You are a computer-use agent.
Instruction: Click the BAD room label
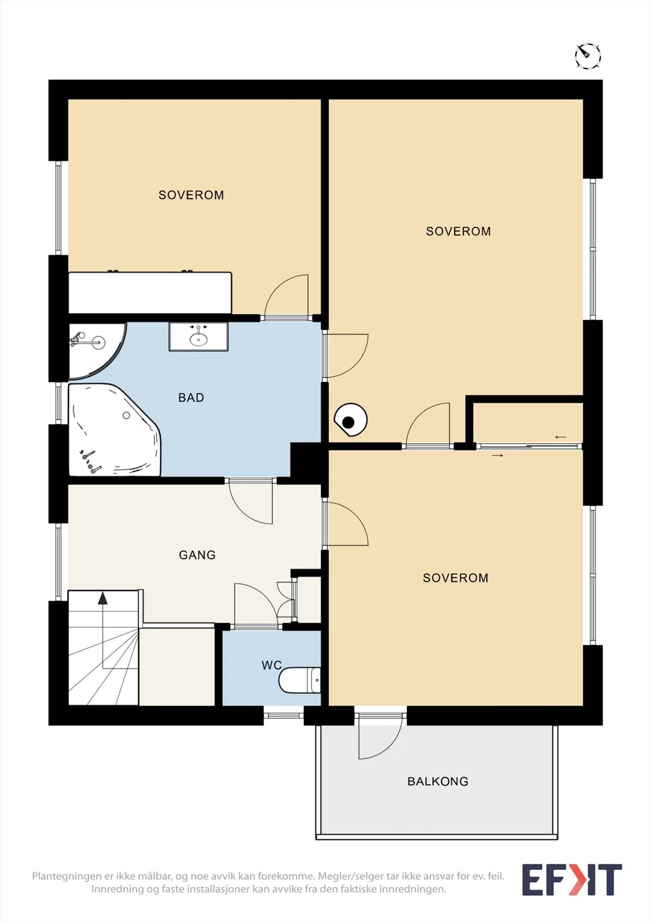click(191, 398)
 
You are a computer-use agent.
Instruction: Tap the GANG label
click(197, 555)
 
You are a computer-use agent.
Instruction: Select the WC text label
click(272, 665)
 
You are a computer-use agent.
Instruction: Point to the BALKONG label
click(437, 782)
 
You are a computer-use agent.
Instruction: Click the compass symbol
click(588, 55)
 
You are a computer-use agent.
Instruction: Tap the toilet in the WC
click(299, 680)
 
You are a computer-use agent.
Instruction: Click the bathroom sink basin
click(199, 339)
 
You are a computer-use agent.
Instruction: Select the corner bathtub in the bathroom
click(115, 429)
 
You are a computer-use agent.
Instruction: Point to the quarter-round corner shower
click(97, 351)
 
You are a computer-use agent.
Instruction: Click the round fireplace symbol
click(351, 420)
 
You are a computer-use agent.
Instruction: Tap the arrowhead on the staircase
click(102, 598)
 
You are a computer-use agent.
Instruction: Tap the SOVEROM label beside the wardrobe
click(191, 195)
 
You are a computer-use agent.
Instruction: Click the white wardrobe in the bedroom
click(150, 293)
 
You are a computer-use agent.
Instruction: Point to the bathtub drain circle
click(126, 415)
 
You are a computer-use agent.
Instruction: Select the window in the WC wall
click(284, 716)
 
